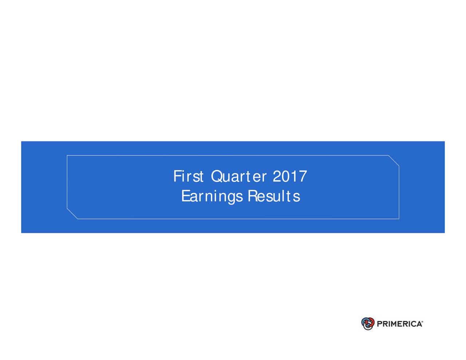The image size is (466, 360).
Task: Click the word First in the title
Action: pyautogui.click(x=188, y=177)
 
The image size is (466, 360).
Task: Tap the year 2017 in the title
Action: pyautogui.click(x=290, y=177)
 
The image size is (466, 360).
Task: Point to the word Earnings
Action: pyautogui.click(x=212, y=197)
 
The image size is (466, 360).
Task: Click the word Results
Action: pyautogui.click(x=274, y=197)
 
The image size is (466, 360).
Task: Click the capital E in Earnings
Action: pyautogui.click(x=185, y=197)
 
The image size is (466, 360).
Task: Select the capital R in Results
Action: pyautogui.click(x=252, y=197)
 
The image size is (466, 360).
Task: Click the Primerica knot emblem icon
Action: pyautogui.click(x=368, y=323)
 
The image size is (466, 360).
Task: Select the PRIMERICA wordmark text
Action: pyautogui.click(x=399, y=324)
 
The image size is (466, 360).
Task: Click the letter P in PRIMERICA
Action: pyautogui.click(x=379, y=324)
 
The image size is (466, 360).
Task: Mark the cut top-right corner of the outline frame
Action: pyautogui.click(x=394, y=161)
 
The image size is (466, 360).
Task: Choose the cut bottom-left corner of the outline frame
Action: pyautogui.click(x=72, y=214)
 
